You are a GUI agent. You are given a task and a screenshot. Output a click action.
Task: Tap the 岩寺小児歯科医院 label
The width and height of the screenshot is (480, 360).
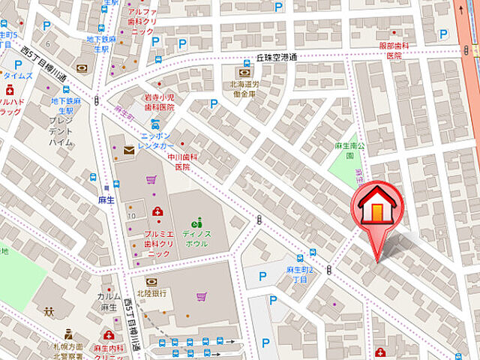[x=159, y=103]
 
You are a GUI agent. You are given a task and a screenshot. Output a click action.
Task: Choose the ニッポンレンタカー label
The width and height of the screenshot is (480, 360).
[x=157, y=142]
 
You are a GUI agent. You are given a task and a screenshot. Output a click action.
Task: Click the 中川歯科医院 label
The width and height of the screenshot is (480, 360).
[x=183, y=162]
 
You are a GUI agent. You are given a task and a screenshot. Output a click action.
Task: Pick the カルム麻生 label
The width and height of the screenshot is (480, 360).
[x=108, y=301]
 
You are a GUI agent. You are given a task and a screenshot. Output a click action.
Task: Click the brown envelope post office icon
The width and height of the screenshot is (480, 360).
[x=128, y=151]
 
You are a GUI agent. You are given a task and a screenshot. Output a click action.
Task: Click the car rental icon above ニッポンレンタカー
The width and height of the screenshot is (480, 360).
[x=155, y=124]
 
